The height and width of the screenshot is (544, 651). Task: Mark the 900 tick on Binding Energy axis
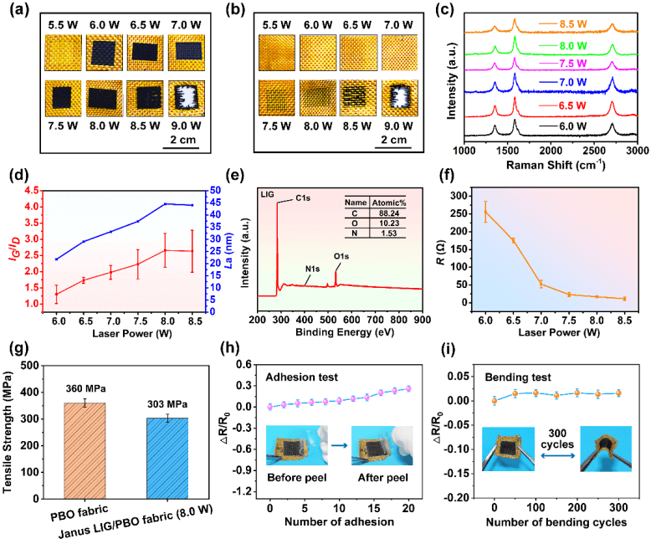pos(422,319)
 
